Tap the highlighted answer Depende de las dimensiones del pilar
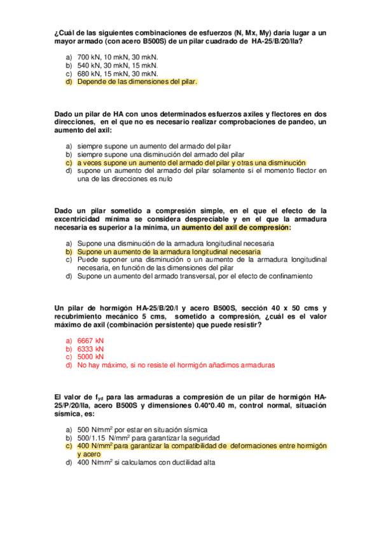tap(137, 81)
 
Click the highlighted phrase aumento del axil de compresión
tap(236, 227)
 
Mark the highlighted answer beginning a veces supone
tap(191, 162)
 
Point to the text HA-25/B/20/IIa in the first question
tap(277, 41)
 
